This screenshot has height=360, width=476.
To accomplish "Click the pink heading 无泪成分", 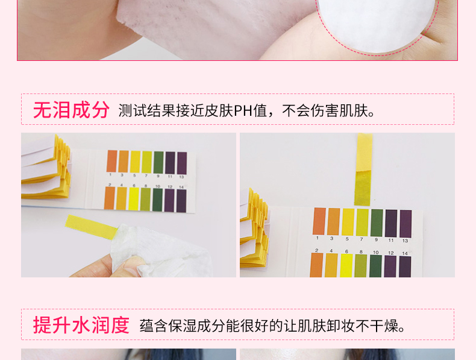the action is point(71,110).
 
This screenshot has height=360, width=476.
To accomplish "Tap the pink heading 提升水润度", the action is point(81,325).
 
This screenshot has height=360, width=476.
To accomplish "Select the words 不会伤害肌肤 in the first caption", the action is point(325,110).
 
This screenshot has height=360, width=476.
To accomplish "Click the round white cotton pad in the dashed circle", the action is point(377,23).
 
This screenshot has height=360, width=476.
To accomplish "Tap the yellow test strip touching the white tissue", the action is point(91,227).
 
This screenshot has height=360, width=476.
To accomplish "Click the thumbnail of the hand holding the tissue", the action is point(128,205).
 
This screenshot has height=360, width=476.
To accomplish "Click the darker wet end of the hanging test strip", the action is point(363,188).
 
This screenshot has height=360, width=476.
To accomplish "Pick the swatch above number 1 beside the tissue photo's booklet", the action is point(111,161).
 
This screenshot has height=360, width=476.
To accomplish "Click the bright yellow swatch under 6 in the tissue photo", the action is point(134,198).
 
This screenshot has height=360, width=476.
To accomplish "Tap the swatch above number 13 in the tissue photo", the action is point(182,163).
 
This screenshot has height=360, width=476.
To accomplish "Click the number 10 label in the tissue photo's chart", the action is point(158,186).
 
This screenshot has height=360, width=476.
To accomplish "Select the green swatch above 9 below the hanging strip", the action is point(377,223).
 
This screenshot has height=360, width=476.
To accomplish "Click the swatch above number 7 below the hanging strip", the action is point(363,223).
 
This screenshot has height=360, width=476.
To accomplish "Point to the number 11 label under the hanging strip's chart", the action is point(391,241).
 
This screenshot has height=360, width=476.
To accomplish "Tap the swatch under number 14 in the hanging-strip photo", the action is point(406,267).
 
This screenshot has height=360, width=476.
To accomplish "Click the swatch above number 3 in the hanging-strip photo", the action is point(334,221).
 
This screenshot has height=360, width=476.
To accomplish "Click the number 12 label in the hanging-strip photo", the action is point(390,253).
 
